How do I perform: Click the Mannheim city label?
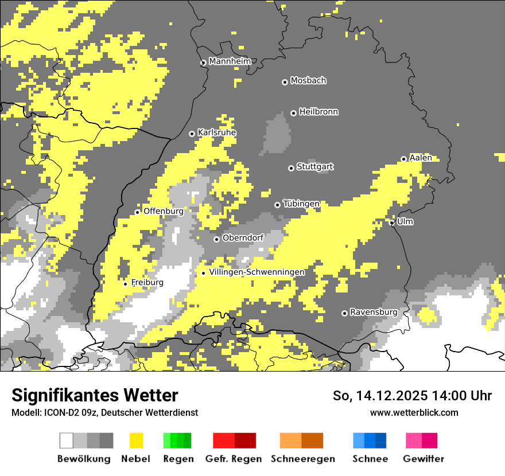pyautogui.click(x=230, y=61)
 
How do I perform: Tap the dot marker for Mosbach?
pyautogui.click(x=285, y=82)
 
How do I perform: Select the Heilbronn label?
pyautogui.click(x=318, y=112)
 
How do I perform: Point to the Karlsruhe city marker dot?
pyautogui.click(x=192, y=134)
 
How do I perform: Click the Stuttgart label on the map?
pyautogui.click(x=314, y=167)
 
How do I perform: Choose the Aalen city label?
pyautogui.click(x=421, y=158)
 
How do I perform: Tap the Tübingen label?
pyautogui.click(x=301, y=204)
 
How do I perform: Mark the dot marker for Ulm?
pyautogui.click(x=392, y=223)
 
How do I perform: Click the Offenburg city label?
pyautogui.click(x=164, y=211)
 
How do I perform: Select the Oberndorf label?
pyautogui.click(x=243, y=237)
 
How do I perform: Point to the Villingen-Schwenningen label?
pyautogui.click(x=257, y=272)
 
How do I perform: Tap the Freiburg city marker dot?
pyautogui.click(x=126, y=284)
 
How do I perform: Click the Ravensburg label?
pyautogui.click(x=374, y=312)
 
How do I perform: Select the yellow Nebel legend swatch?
pyautogui.click(x=136, y=440)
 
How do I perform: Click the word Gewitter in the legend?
pyautogui.click(x=424, y=459)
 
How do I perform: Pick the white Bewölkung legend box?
pyautogui.click(x=66, y=440)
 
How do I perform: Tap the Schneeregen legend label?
pyautogui.click(x=303, y=459)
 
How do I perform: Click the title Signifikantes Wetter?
pyautogui.click(x=95, y=395)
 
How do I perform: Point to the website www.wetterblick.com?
pyautogui.click(x=414, y=412)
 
